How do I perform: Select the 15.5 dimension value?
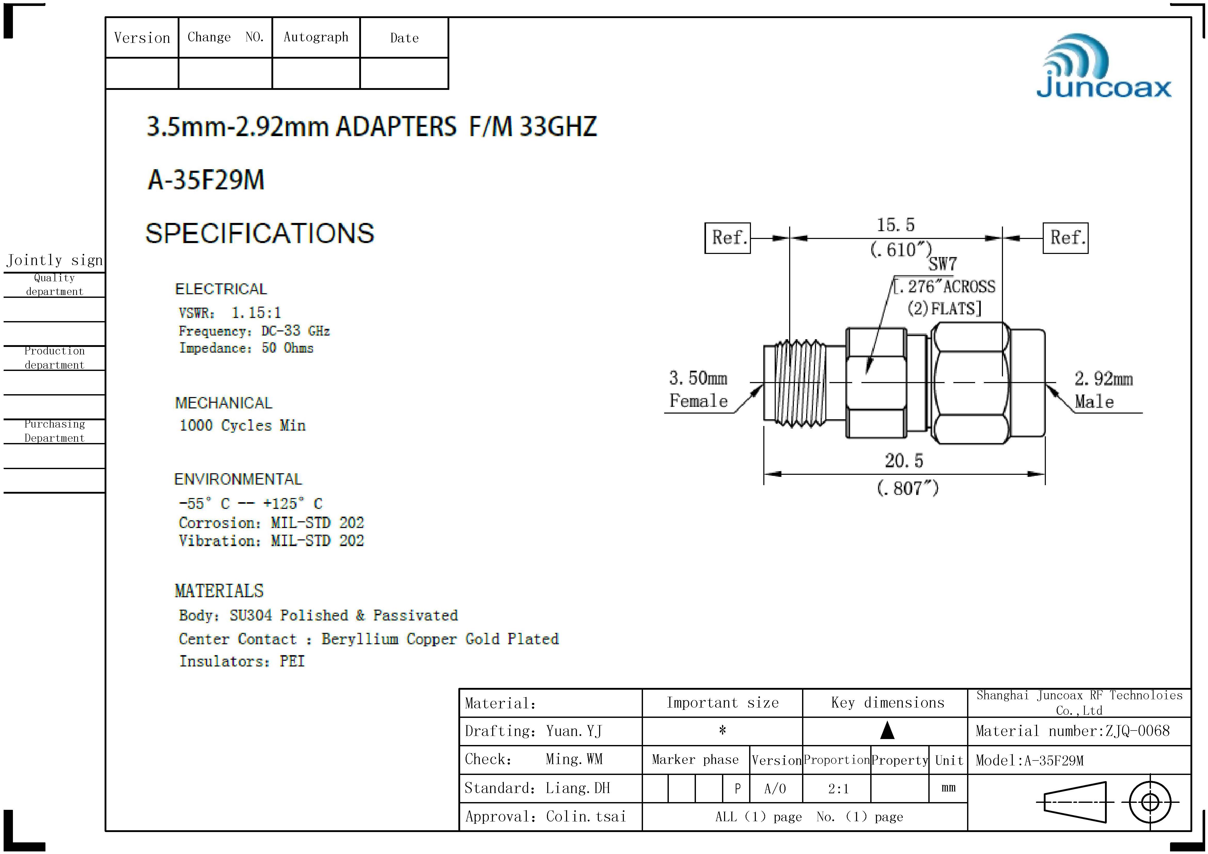896,225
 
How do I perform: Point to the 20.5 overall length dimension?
904,461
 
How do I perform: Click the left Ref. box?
728,238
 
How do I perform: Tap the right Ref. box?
1065,238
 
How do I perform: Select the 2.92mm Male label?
1103,390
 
